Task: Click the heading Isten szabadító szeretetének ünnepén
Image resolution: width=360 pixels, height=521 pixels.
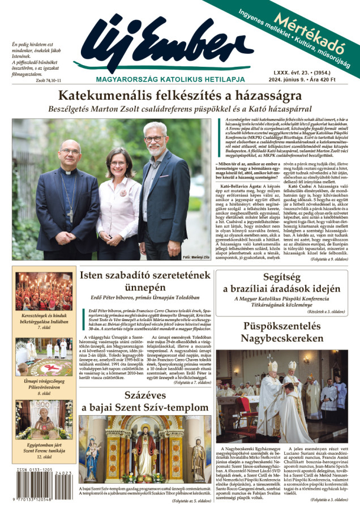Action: pyautogui.click(x=145, y=283)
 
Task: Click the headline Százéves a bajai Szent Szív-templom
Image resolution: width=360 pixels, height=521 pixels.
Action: pyautogui.click(x=145, y=401)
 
